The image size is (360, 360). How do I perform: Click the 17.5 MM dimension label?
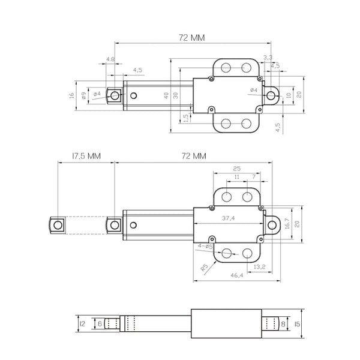[x=86, y=155]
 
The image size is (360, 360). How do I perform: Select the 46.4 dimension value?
[x=236, y=275]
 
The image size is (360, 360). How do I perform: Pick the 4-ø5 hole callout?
[x=205, y=246]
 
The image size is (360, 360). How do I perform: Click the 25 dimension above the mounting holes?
[x=236, y=169]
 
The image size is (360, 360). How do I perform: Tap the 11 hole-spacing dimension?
[x=236, y=178]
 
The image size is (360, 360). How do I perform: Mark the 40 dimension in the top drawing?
[x=166, y=95]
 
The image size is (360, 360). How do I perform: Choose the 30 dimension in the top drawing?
[x=176, y=95]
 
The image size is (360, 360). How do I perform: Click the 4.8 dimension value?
[x=110, y=59]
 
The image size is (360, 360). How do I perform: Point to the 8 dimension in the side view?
[x=283, y=324]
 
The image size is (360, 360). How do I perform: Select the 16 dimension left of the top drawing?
[x=71, y=95]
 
